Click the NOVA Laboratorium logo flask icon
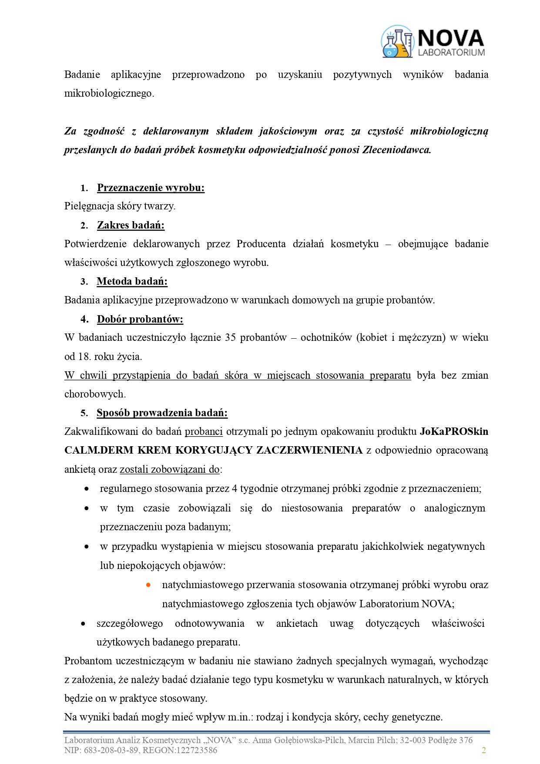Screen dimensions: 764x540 pyautogui.click(x=397, y=42)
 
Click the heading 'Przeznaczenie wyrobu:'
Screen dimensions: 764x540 pyautogui.click(x=151, y=188)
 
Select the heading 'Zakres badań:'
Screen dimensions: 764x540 pyautogui.click(x=131, y=225)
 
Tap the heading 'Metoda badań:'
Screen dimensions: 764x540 pyautogui.click(x=132, y=281)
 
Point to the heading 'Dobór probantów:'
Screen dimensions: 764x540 pyautogui.click(x=140, y=319)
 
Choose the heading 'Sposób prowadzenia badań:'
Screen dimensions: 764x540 pyautogui.click(x=162, y=413)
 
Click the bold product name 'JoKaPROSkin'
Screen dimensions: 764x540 pyautogui.click(x=454, y=431)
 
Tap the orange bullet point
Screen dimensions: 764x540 pyautogui.click(x=148, y=585)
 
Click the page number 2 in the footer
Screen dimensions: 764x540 pyautogui.click(x=483, y=750)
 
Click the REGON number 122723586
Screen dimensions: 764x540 pyautogui.click(x=196, y=750)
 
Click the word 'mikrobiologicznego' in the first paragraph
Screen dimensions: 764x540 pyautogui.click(x=109, y=93)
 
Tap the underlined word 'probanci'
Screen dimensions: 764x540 pyautogui.click(x=204, y=431)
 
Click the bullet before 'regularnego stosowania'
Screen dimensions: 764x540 pyautogui.click(x=87, y=489)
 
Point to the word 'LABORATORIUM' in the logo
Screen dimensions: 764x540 pyautogui.click(x=451, y=53)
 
